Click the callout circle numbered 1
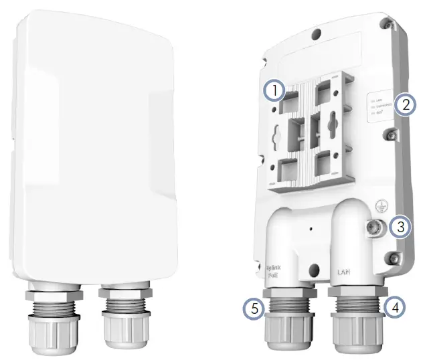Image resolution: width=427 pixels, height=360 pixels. [x=274, y=90]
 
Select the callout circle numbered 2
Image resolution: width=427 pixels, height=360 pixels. [x=404, y=104]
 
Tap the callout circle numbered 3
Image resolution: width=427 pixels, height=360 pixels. [x=400, y=227]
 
